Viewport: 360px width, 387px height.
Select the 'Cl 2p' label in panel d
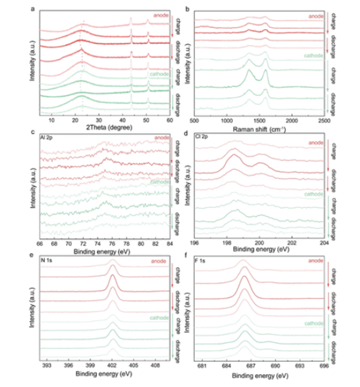(203, 138)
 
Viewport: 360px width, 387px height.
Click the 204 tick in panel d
(325, 243)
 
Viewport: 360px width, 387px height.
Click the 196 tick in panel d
(195, 243)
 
